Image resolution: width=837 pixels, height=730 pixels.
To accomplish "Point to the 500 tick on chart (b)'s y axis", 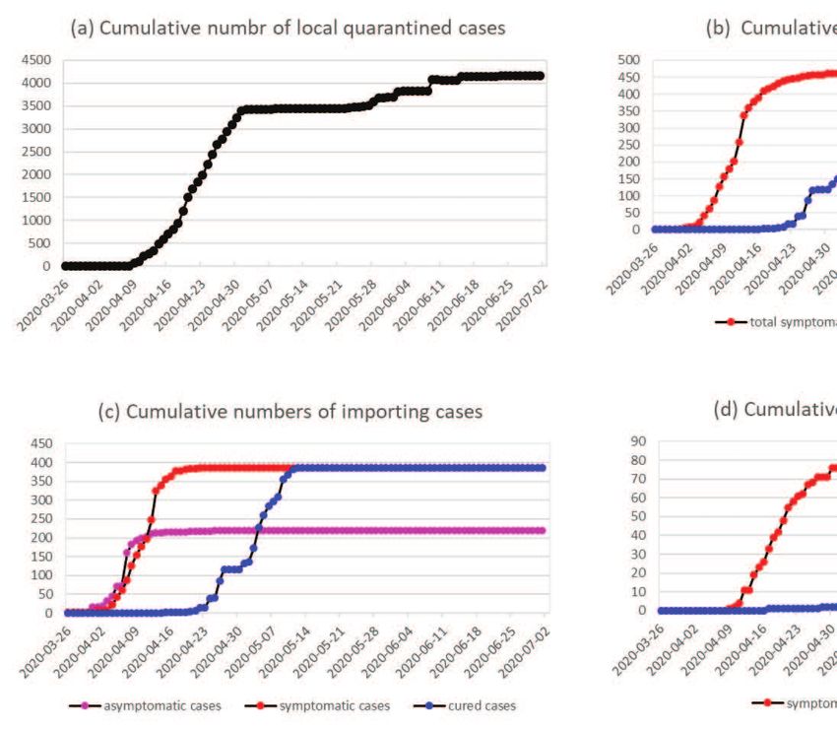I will (630, 60).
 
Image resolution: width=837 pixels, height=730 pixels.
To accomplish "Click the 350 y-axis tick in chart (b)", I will (630, 111).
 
